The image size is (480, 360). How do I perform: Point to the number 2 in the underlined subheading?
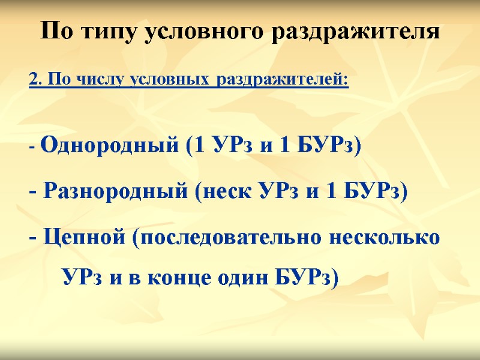(34, 79)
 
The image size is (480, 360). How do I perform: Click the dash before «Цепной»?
(32, 238)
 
